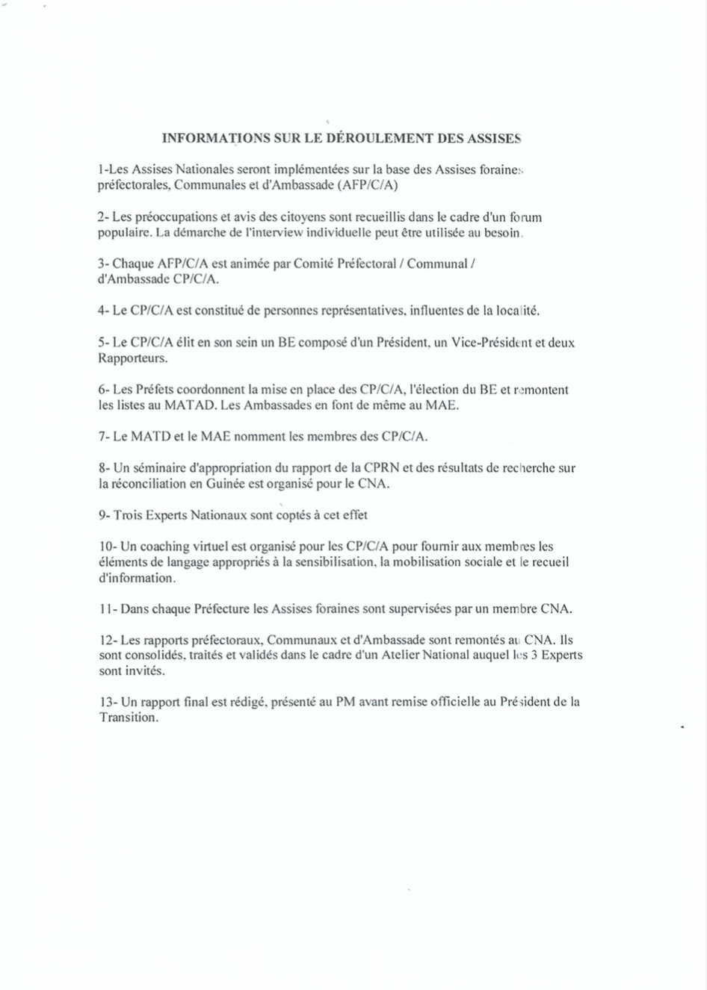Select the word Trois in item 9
point(128,515)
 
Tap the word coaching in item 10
point(158,547)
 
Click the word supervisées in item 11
point(420,608)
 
